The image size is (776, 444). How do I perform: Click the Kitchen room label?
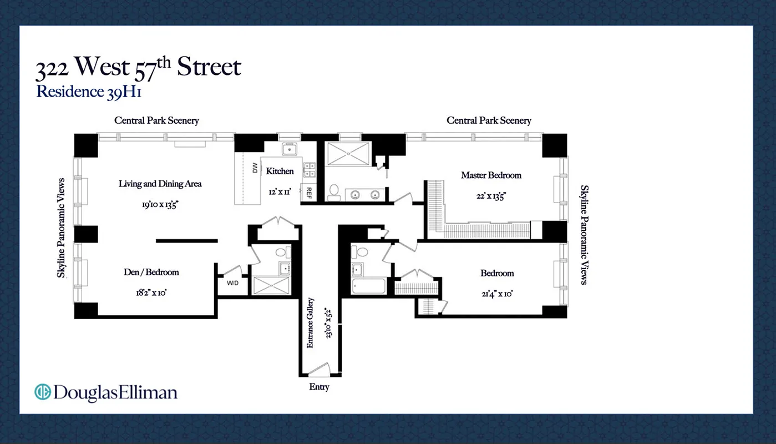point(280,171)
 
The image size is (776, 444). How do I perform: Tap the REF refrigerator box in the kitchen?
point(308,193)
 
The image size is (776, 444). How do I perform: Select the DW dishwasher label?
point(255,168)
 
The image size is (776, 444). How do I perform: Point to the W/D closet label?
point(232,283)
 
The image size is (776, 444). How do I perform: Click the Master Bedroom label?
point(491,175)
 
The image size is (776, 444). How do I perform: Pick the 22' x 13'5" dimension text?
point(490,195)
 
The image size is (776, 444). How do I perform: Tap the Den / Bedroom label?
point(151,272)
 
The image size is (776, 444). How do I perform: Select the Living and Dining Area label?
point(160,184)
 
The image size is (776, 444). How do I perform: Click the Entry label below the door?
point(319,387)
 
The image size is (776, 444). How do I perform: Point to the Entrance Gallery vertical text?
point(311,323)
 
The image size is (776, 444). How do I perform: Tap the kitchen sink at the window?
point(289,149)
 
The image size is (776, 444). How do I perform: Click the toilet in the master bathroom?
point(334,191)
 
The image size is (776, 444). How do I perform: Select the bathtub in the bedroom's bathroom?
point(368,286)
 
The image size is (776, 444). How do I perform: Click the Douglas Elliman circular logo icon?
point(42,392)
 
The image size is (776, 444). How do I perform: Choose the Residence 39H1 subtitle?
point(89,92)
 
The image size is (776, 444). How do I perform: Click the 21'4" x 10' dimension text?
point(496,293)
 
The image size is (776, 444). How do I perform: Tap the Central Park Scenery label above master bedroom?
point(489,120)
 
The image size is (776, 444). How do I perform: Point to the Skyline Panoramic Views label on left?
point(62,228)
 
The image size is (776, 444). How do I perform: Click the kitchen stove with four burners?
point(309,169)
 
